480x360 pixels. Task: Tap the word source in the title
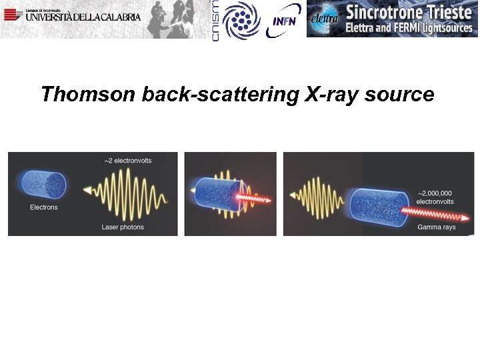(x=399, y=95)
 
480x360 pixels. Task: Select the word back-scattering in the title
(x=220, y=95)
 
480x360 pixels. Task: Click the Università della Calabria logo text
(x=83, y=16)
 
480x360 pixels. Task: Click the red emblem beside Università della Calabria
(x=12, y=15)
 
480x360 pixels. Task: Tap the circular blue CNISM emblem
(x=241, y=19)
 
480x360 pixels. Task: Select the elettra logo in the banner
(x=325, y=19)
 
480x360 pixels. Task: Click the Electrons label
(x=44, y=207)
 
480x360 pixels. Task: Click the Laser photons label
(x=123, y=227)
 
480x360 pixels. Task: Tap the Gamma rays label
(x=437, y=227)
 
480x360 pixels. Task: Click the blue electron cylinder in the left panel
(x=44, y=185)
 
